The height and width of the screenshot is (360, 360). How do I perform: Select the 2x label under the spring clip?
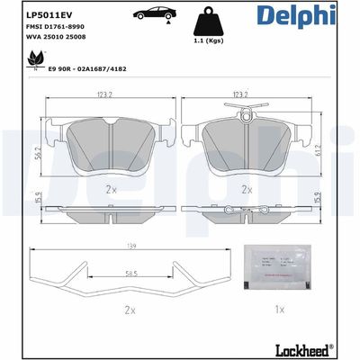(129, 310)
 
